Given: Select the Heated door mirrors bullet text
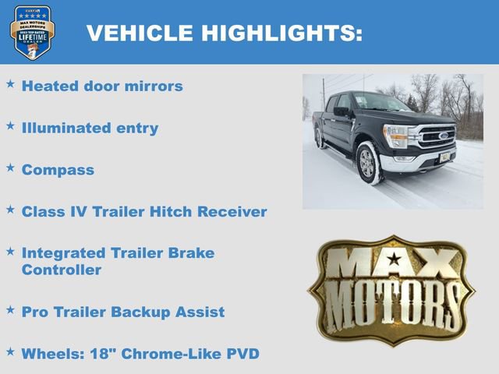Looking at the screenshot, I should (x=102, y=86).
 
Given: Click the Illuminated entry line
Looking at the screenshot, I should (x=90, y=128).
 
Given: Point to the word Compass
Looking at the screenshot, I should (x=58, y=169).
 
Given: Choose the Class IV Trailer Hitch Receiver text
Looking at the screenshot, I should (x=144, y=211).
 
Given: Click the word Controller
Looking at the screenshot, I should (x=62, y=270).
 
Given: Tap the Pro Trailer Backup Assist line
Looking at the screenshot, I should (x=123, y=312).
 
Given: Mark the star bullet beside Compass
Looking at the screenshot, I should (x=10, y=168).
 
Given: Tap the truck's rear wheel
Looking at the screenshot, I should (x=320, y=138).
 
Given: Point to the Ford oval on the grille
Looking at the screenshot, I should (x=442, y=135).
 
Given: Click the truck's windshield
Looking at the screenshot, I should (x=380, y=103).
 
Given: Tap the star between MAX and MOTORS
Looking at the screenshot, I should (x=395, y=258).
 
